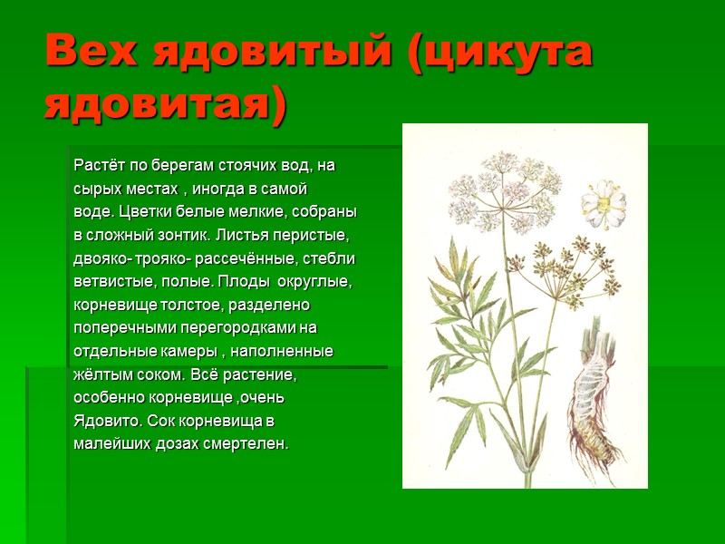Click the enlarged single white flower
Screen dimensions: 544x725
click(603, 203)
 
